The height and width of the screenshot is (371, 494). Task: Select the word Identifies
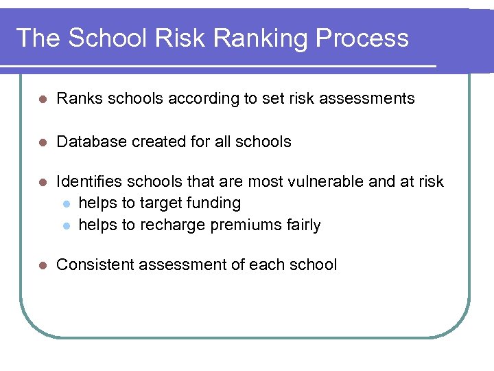pyautogui.click(x=88, y=182)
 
